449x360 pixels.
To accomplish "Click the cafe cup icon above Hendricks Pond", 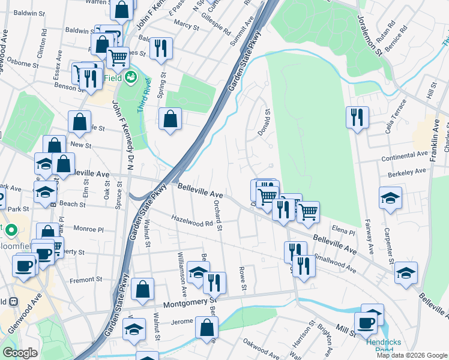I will (365, 322).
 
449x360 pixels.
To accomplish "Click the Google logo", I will (21, 353).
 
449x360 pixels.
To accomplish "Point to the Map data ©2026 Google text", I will (411, 355).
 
